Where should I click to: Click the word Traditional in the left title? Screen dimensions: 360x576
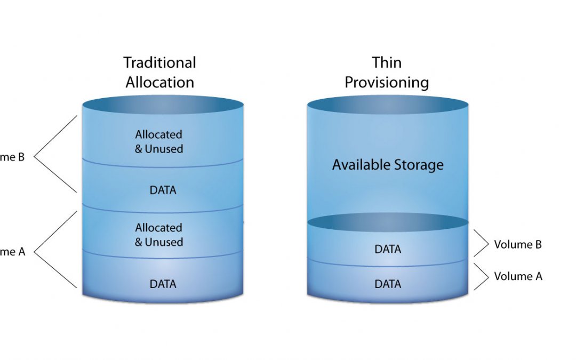(160, 63)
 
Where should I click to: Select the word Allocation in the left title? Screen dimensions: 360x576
(160, 82)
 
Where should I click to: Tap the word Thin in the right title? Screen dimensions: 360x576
(387, 63)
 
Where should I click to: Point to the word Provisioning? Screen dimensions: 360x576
(387, 83)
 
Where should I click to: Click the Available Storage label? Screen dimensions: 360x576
(388, 165)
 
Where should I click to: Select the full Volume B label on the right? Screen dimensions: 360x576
(518, 245)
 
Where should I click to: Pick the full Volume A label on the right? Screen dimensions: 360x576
(518, 276)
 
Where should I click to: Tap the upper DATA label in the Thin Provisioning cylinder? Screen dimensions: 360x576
(388, 249)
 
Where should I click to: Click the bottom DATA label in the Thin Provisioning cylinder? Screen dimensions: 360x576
(388, 284)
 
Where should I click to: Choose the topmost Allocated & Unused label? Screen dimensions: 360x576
(159, 142)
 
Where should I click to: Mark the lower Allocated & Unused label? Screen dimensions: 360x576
(159, 235)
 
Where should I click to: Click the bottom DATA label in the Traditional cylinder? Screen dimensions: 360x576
(163, 284)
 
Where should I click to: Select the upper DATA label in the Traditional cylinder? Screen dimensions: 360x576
(163, 190)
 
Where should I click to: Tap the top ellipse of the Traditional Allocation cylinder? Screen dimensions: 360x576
(163, 105)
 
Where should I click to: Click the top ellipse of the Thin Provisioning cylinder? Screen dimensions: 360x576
(388, 105)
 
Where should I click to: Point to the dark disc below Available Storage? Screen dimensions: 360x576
(388, 221)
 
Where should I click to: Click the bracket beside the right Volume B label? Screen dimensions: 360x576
(482, 245)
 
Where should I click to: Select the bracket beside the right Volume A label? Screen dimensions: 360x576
(482, 277)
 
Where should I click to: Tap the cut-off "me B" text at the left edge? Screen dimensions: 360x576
(12, 157)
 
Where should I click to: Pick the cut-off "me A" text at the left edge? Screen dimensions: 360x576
(12, 252)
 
